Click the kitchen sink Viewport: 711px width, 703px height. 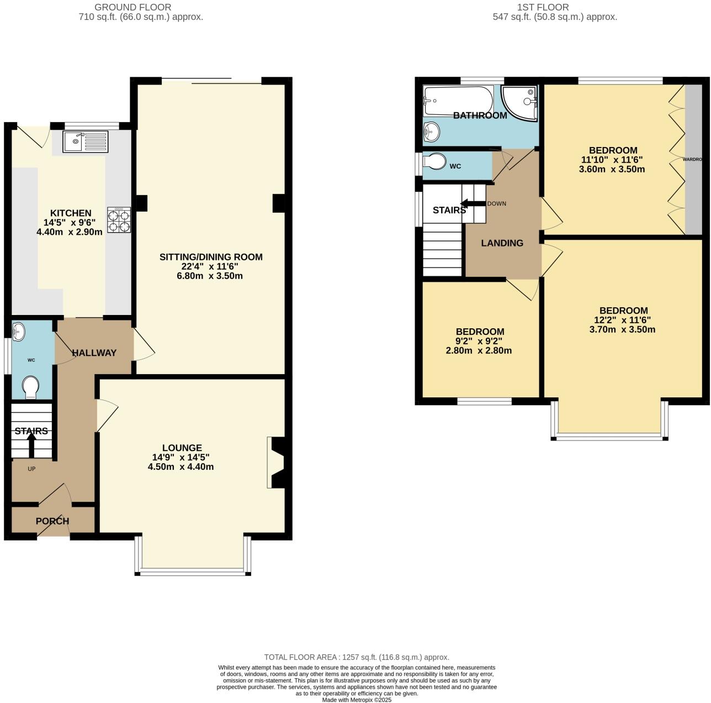[x=86, y=141]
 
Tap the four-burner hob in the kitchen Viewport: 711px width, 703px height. [x=119, y=221]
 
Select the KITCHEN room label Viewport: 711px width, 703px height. [x=71, y=213]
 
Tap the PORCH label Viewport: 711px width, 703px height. [x=52, y=521]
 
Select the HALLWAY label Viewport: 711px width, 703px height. [x=94, y=353]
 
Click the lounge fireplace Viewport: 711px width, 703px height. [x=276, y=463]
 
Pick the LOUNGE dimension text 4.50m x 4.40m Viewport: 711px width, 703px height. [x=181, y=467]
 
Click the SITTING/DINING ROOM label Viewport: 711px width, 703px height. [x=211, y=257]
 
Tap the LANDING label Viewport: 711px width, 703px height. [x=502, y=243]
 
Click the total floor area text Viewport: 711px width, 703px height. [x=357, y=657]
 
